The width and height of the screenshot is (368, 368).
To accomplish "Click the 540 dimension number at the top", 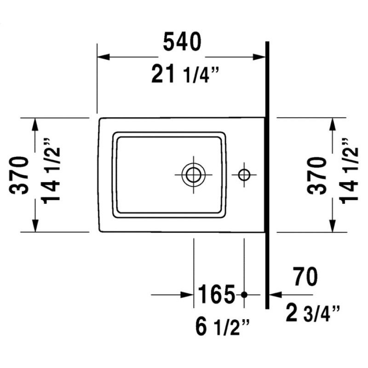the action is tap(182, 42).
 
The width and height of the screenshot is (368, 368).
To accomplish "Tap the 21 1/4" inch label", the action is tap(185, 74).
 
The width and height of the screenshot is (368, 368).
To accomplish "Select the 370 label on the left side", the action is tap(19, 175).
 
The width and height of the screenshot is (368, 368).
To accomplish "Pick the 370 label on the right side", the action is tap(316, 176).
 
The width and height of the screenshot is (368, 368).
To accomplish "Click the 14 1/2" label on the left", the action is tap(51, 171).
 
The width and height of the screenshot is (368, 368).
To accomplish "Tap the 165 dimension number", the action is tap(216, 294).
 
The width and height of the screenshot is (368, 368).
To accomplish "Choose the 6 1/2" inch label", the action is tap(222, 326).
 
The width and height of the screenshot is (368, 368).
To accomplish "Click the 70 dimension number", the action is tap(305, 276).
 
